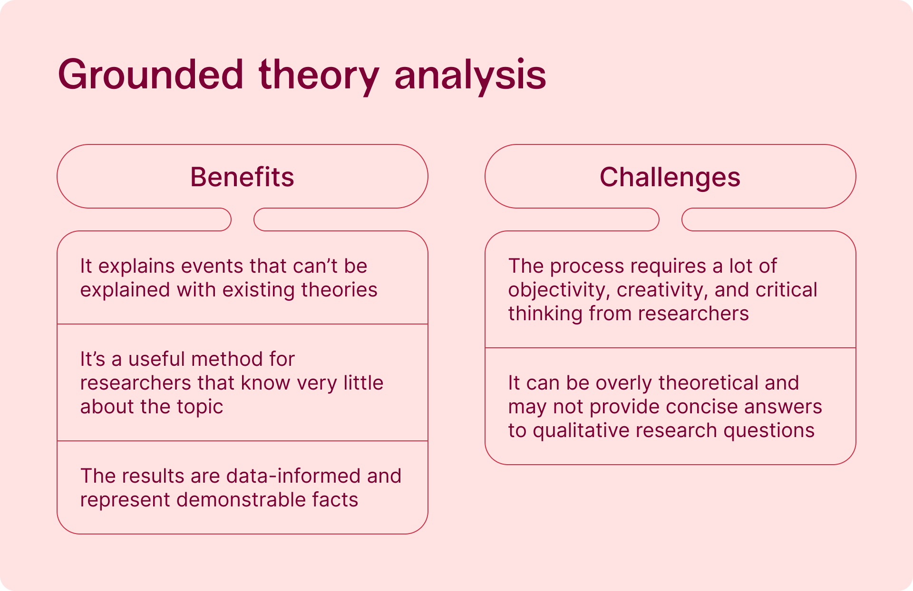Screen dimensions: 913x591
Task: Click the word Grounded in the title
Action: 151,75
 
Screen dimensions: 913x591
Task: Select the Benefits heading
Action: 242,177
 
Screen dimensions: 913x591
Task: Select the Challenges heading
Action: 670,178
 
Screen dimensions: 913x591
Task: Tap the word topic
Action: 200,407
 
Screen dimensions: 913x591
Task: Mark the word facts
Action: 335,500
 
